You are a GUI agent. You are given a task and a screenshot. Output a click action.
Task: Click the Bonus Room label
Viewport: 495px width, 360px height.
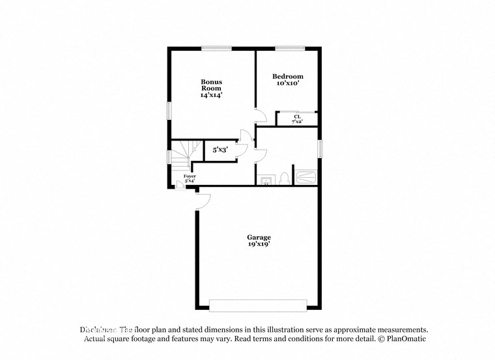pos(211,85)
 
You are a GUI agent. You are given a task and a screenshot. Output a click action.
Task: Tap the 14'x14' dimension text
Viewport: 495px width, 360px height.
pos(211,95)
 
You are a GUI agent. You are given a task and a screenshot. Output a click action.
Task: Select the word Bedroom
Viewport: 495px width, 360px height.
pos(287,76)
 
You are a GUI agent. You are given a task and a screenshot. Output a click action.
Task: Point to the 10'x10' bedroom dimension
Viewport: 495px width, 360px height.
pos(287,83)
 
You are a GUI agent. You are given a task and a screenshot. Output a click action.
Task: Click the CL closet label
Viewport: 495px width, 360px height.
pos(296,117)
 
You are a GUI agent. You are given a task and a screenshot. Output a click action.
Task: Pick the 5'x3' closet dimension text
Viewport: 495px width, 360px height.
pos(219,150)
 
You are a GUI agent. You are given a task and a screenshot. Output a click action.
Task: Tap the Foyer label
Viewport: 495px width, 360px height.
pos(190,176)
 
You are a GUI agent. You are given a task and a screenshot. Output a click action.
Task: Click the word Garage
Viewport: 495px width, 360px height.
pos(259,237)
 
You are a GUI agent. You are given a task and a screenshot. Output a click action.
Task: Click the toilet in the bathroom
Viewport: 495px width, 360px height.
pos(284,178)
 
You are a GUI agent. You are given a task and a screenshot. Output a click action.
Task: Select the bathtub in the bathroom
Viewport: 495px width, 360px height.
pos(305,177)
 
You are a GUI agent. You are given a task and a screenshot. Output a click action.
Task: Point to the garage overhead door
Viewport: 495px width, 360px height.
pos(258,305)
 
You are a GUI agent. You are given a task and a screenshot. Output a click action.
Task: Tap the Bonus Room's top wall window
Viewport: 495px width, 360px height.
pos(216,48)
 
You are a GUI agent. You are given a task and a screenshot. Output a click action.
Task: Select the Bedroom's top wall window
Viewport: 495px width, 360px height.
pos(290,48)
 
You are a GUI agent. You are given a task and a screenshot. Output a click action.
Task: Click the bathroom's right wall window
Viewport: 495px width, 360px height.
pos(320,148)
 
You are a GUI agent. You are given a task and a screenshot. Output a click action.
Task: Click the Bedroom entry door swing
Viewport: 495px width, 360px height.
pos(261,115)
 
